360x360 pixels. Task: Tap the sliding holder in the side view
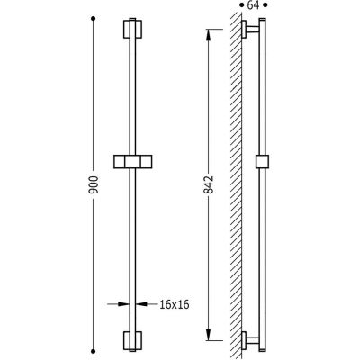262,162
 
